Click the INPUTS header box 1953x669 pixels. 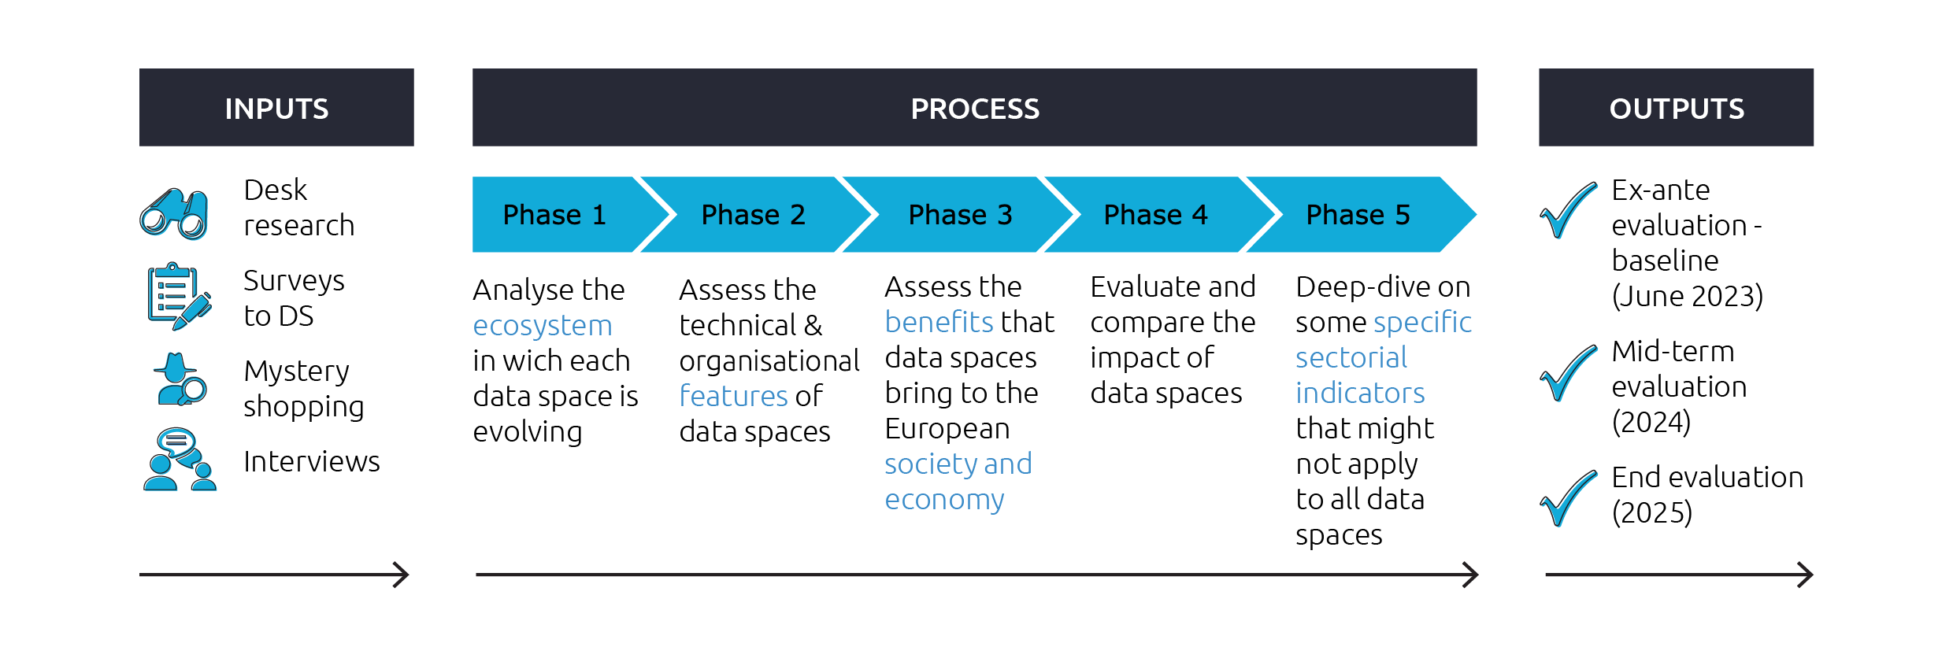(276, 108)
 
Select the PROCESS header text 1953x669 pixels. (975, 109)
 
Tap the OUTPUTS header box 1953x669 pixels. (1676, 108)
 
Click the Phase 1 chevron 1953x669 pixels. (555, 215)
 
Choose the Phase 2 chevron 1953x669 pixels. (754, 215)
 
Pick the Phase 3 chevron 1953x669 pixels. (960, 215)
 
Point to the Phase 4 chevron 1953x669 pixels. (1155, 215)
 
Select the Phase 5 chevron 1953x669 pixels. (1358, 215)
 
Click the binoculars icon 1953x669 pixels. (175, 214)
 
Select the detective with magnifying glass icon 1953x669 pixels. (180, 379)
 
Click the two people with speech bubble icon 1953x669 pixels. (180, 460)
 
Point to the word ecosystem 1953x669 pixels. (543, 326)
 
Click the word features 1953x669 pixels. (733, 396)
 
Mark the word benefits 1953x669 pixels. (939, 322)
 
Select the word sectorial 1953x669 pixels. (1351, 358)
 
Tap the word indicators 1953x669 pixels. (1360, 393)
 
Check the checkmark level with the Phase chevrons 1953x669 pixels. (1569, 211)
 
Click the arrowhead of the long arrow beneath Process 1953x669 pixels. (1471, 575)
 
